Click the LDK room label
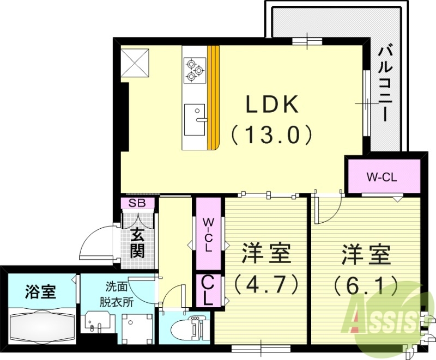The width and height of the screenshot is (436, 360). (x=272, y=105)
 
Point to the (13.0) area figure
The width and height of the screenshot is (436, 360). (x=272, y=134)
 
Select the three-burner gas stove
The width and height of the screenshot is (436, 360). (x=195, y=70)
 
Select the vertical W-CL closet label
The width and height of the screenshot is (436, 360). (x=208, y=235)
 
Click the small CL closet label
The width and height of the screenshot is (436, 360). (x=208, y=290)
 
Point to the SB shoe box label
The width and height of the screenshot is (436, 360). (x=138, y=203)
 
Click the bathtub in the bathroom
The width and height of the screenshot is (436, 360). (x=41, y=326)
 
